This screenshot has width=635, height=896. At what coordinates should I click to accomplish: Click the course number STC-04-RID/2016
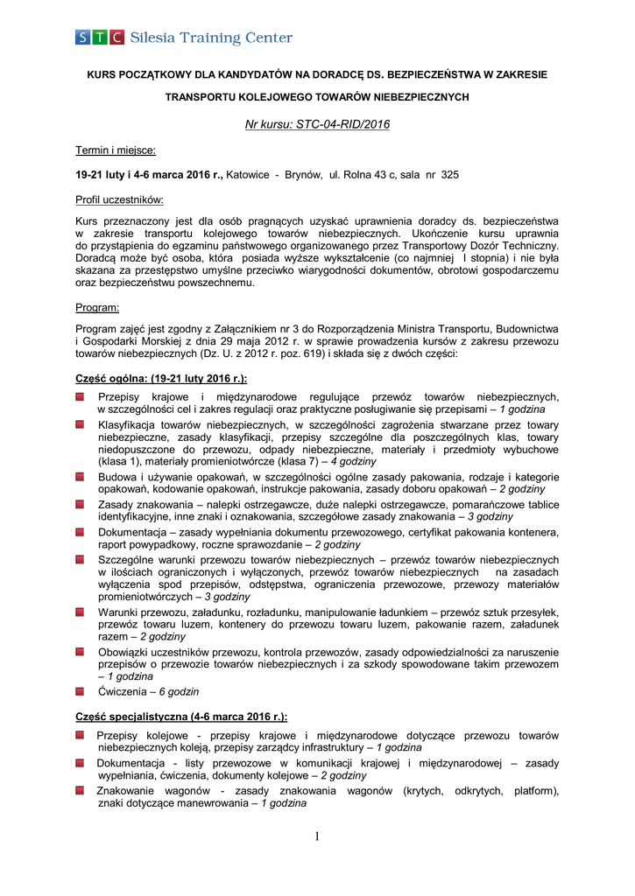coord(317,124)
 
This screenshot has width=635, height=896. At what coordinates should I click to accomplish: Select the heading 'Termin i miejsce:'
coord(116,150)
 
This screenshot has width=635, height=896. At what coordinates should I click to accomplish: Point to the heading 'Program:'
coord(97,308)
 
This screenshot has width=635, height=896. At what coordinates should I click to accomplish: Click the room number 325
coord(449,175)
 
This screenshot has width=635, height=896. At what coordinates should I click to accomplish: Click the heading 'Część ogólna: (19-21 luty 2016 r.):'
coord(161,378)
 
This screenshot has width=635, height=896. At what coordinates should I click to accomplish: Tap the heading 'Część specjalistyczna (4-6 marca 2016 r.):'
coord(181,716)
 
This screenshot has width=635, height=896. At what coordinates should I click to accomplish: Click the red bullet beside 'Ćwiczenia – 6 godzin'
coord(80,691)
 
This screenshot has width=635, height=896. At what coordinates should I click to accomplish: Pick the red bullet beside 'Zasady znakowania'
coord(80,505)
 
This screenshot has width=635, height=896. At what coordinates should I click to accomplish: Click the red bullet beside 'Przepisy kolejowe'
coord(80,736)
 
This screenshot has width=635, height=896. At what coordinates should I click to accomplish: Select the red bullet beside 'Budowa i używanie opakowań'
coord(80,477)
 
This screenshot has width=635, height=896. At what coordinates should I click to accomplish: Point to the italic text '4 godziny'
coord(353,461)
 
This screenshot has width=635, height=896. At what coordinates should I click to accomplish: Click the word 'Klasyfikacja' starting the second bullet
coord(128,424)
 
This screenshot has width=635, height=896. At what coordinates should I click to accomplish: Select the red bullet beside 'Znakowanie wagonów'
coord(80,791)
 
